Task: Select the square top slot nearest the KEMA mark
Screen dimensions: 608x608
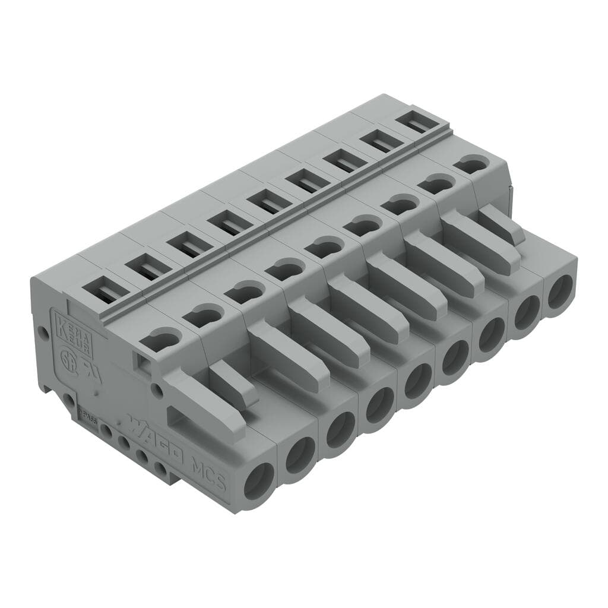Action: (102, 289)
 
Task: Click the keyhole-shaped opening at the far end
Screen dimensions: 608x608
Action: (472, 163)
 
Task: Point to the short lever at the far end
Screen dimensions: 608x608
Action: (501, 226)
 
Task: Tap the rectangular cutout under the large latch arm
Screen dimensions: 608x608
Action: (178, 422)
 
